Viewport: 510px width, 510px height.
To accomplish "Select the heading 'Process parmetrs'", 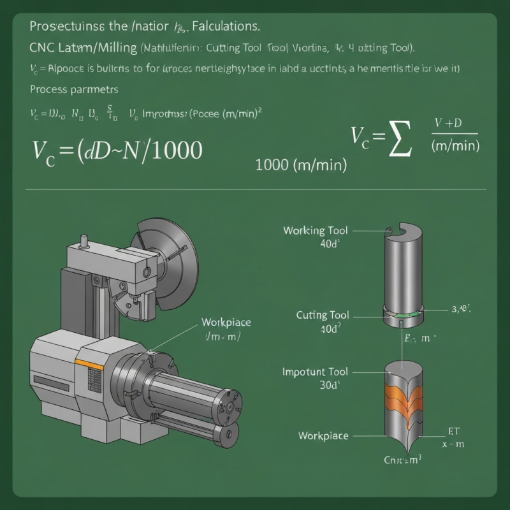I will tap(74, 89).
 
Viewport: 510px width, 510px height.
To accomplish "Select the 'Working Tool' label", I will tap(316, 231).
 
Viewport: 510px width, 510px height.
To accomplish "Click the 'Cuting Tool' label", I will tap(323, 315).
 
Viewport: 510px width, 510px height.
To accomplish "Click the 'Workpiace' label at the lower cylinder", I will tap(323, 436).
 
